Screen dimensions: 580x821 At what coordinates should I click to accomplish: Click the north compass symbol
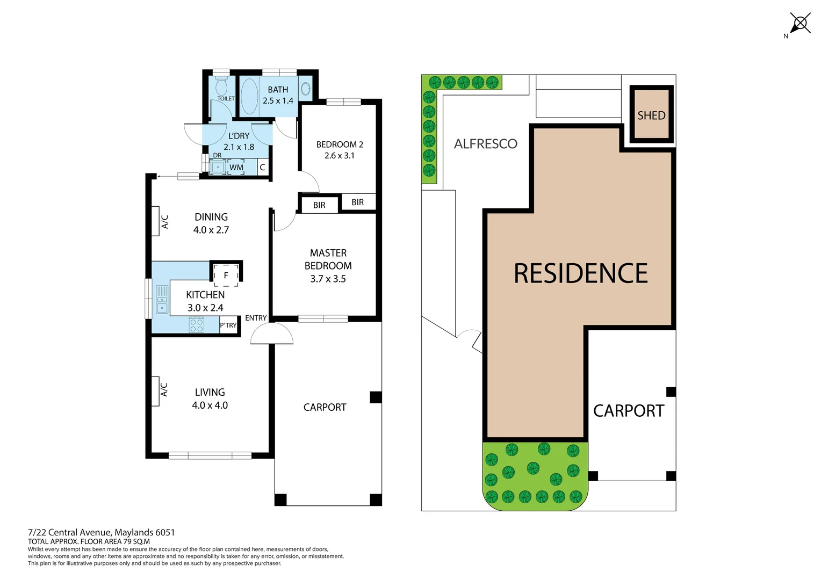[x=800, y=24]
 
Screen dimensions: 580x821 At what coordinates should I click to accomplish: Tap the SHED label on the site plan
[x=651, y=115]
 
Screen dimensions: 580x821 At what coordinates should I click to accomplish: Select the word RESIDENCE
[x=580, y=273]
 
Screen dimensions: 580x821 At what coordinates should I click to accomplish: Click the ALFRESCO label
[x=485, y=144]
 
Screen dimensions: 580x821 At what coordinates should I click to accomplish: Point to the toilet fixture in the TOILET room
[x=221, y=87]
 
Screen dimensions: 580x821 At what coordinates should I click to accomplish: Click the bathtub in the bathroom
[x=249, y=97]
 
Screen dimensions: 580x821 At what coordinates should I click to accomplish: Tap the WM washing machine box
[x=236, y=168]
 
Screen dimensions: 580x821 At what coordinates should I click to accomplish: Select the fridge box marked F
[x=226, y=275]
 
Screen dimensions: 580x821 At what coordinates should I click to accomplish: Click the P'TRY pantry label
[x=228, y=325]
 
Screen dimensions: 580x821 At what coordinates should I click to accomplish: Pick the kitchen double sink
[x=162, y=300]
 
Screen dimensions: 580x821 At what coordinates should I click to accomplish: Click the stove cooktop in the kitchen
[x=197, y=325]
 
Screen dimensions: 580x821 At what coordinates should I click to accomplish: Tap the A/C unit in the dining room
[x=155, y=221]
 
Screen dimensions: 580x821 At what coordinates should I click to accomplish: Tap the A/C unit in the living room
[x=155, y=391]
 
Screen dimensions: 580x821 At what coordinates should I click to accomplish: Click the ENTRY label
[x=256, y=318]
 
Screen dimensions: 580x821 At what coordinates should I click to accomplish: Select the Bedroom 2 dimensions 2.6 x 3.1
[x=340, y=156]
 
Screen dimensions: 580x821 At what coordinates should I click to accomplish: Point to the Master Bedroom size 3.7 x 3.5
[x=328, y=279]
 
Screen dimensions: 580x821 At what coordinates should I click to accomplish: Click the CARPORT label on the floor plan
[x=325, y=407]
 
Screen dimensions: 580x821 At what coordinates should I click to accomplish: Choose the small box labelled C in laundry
[x=262, y=168]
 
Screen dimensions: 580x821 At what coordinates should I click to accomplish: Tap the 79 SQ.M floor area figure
[x=136, y=541]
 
